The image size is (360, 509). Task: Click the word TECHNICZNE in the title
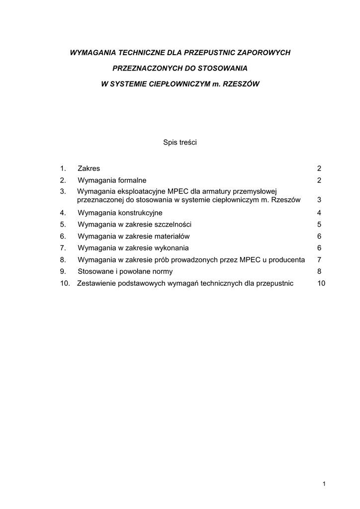point(135,52)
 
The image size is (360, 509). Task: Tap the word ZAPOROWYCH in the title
point(264,52)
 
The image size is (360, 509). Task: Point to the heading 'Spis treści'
point(180,142)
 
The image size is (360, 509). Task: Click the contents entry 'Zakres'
point(89,169)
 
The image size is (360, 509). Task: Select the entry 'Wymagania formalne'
point(112,180)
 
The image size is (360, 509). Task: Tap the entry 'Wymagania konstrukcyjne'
point(120,213)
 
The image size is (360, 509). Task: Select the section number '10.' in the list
point(65,283)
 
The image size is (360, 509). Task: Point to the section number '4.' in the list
point(63,213)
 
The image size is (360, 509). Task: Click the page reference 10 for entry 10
point(321,283)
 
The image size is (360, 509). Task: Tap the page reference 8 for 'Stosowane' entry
point(319,271)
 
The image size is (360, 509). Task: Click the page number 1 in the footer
point(324,484)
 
